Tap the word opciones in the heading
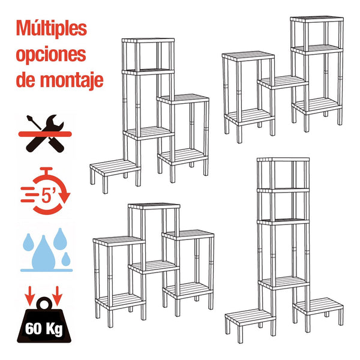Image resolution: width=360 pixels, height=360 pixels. point(51,54)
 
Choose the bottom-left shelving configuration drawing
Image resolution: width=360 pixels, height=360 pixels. point(154,261)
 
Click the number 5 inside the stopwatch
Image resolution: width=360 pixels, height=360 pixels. point(47,195)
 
